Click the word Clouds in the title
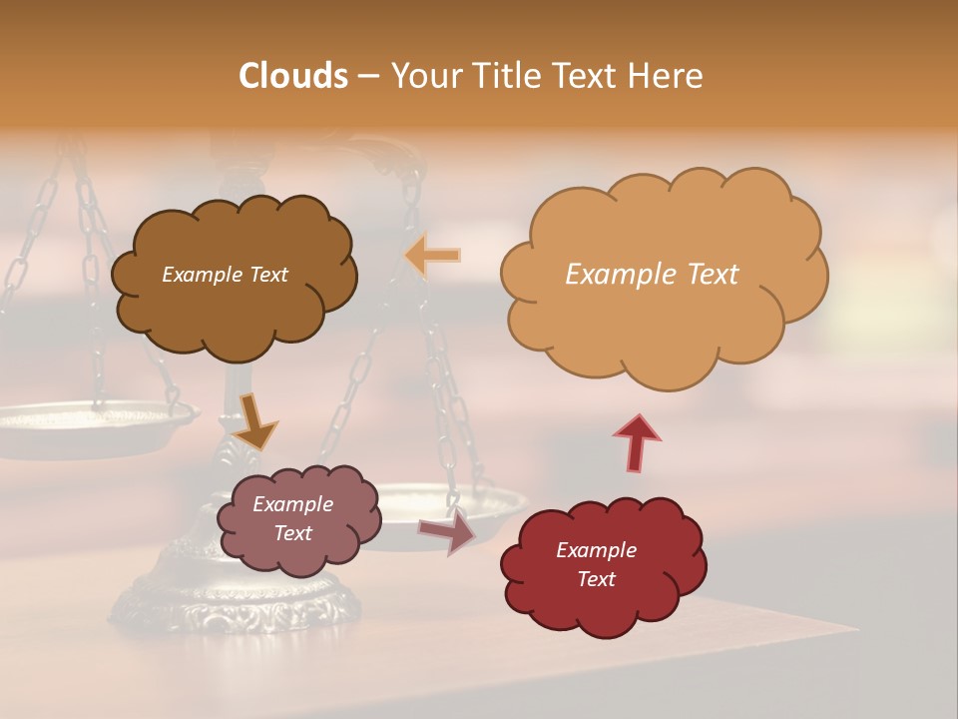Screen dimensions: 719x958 click(x=292, y=76)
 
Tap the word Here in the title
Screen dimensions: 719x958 click(x=669, y=76)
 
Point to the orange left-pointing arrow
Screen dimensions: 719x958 click(x=433, y=256)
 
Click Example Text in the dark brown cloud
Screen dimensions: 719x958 click(x=225, y=275)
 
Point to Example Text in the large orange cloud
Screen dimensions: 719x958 click(x=652, y=275)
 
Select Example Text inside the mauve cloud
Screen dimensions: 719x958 click(x=293, y=518)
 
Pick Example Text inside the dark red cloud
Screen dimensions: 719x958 click(x=596, y=564)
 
